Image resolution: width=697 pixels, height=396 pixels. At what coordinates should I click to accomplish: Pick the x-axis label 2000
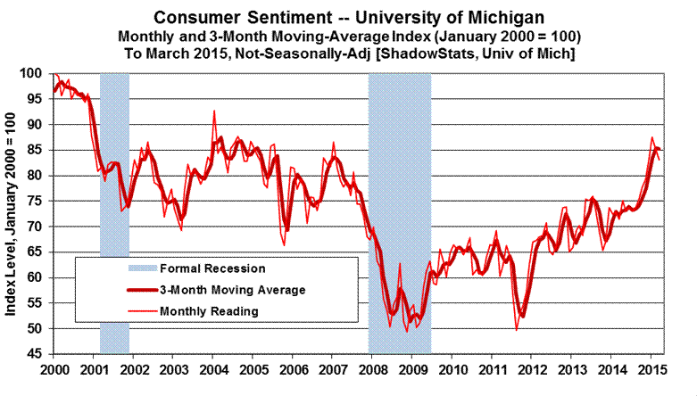(x=55, y=369)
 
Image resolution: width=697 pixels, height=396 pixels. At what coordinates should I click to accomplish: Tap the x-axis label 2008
(x=374, y=369)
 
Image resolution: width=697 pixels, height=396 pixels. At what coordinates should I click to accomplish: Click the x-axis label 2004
(x=214, y=369)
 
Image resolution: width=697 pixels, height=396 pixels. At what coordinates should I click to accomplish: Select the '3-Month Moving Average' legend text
(x=232, y=290)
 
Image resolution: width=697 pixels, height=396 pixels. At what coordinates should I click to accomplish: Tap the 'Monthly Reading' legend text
(x=209, y=311)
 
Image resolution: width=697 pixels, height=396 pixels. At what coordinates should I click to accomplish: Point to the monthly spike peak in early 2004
(x=214, y=111)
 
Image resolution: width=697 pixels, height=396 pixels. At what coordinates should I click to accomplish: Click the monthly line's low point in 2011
(x=516, y=330)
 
